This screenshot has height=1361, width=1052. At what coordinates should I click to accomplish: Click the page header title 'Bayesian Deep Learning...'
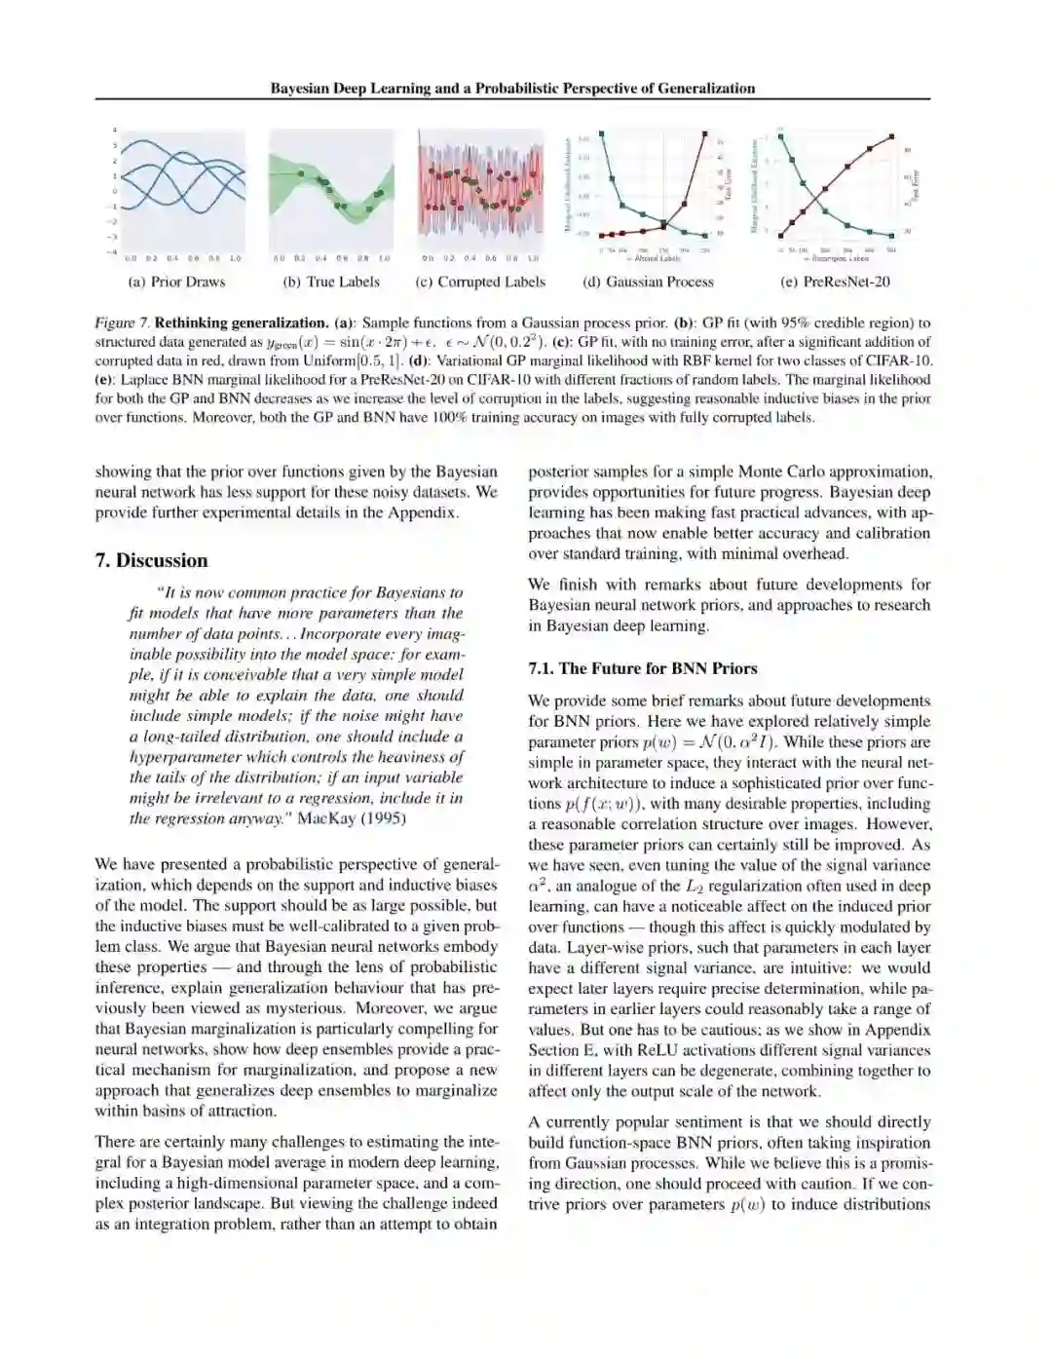click(512, 88)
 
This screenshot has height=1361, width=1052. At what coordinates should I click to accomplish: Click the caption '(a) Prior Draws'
click(176, 282)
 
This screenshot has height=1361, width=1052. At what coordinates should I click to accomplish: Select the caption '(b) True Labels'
click(331, 282)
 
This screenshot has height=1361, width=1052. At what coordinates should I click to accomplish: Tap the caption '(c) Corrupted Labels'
click(480, 282)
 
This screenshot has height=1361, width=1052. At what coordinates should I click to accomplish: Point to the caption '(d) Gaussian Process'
click(648, 282)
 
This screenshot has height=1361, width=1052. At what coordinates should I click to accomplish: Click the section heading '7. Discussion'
click(151, 560)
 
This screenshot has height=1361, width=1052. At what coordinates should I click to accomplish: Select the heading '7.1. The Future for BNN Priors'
click(642, 668)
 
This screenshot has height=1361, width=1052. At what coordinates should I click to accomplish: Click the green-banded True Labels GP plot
click(331, 191)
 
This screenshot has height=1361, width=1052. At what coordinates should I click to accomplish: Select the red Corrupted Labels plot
click(480, 188)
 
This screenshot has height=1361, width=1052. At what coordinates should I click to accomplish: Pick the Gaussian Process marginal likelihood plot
click(648, 188)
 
